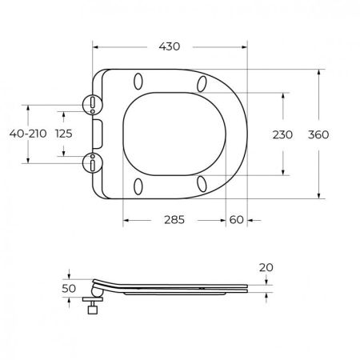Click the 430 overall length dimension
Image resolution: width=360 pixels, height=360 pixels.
[170, 46]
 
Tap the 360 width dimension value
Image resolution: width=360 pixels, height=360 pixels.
[318, 134]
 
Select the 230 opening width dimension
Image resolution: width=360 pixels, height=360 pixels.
[282, 134]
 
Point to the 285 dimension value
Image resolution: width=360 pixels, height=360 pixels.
[174, 220]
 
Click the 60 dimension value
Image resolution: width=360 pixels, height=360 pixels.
[236, 220]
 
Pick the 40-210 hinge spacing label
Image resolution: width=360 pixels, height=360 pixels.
[28, 134]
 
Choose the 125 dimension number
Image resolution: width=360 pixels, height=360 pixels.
[64, 134]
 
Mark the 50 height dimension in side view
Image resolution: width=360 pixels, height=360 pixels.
[69, 288]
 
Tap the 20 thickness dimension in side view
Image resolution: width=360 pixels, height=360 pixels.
[266, 267]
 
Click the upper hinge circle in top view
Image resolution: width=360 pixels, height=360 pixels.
[92, 104]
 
